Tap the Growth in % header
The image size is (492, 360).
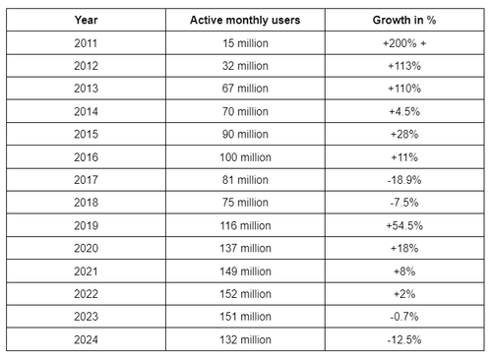point(404,20)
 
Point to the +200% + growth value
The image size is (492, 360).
point(404,43)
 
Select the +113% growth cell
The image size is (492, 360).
point(404,67)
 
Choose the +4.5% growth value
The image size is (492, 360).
point(404,112)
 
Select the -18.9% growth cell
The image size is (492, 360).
point(404,180)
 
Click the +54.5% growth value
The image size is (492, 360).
point(404,225)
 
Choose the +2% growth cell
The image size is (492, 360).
point(404,293)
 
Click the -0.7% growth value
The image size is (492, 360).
point(404,316)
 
